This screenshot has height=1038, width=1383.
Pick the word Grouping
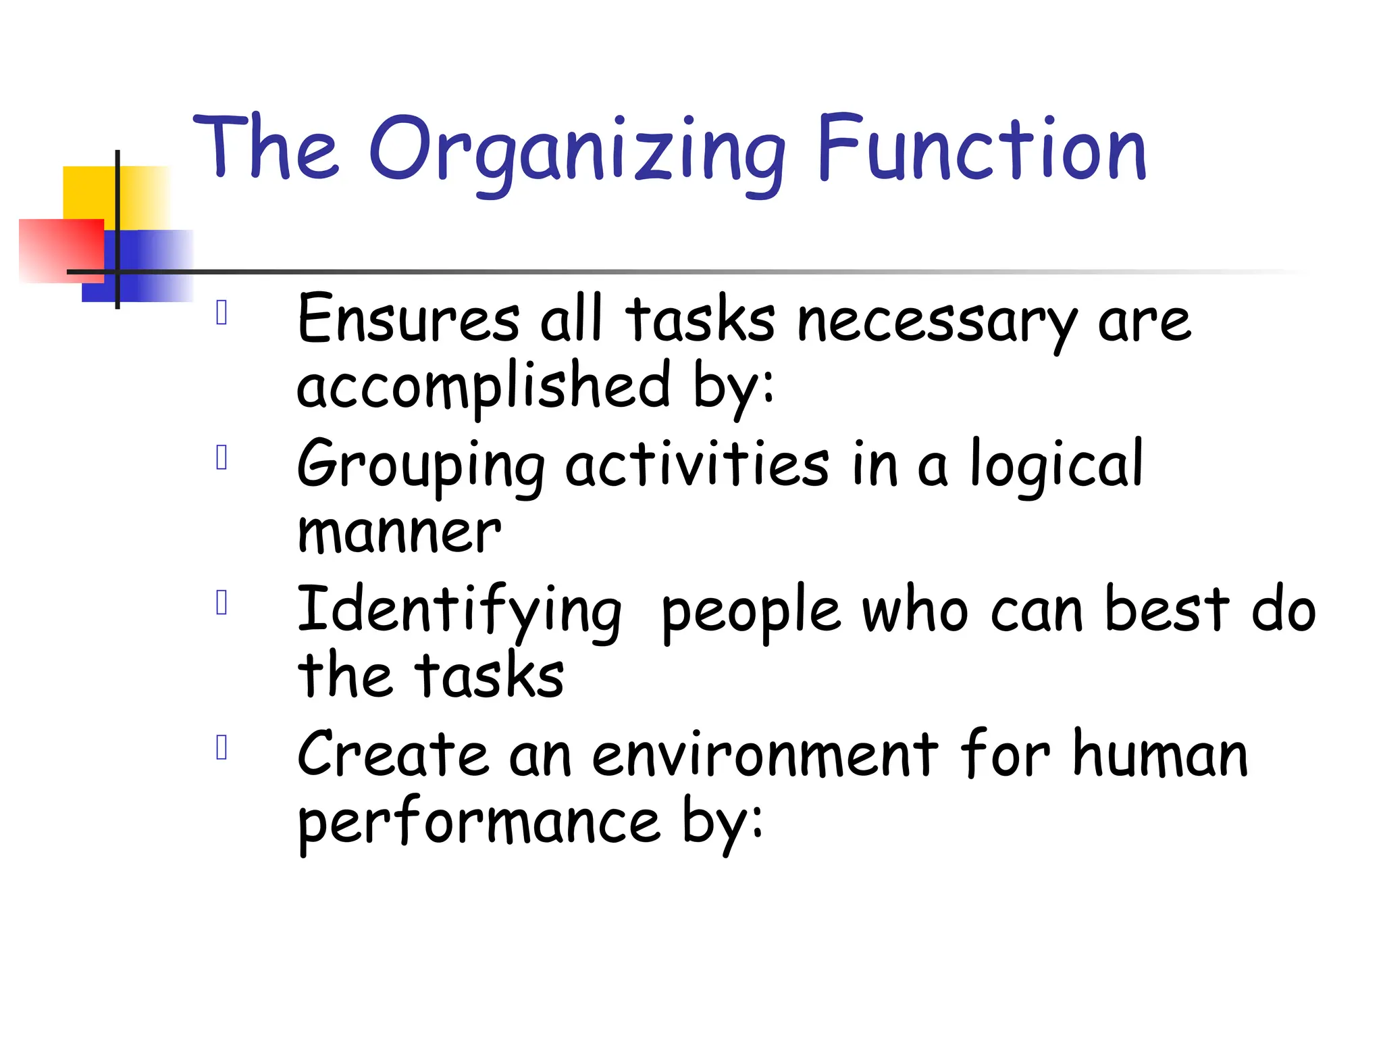(421, 466)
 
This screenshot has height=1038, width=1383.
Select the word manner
(399, 533)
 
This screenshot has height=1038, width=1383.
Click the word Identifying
(459, 611)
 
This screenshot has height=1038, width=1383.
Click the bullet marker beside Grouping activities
(221, 458)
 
